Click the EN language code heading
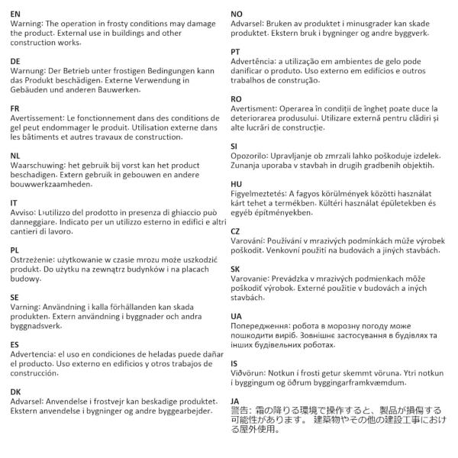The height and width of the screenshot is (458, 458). coord(16,14)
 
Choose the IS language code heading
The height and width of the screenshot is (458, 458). coord(234,363)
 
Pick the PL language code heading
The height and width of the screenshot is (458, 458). coord(15,250)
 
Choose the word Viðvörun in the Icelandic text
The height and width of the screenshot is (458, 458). coord(251,373)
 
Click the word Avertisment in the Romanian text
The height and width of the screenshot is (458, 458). coord(258,109)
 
